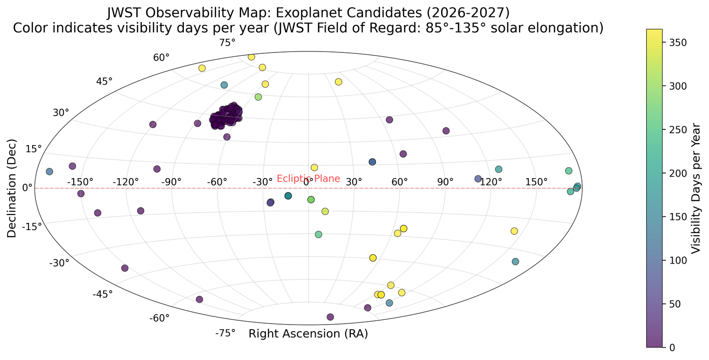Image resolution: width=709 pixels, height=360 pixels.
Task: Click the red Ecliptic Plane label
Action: point(308,179)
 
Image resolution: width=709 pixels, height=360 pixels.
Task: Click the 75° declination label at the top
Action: point(227,43)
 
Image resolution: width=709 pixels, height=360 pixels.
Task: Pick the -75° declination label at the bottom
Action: point(225,333)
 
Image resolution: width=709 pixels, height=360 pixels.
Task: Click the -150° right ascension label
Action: point(80,182)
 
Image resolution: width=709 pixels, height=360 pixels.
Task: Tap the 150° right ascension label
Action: point(536,182)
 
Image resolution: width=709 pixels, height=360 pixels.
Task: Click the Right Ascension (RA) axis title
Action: point(308,334)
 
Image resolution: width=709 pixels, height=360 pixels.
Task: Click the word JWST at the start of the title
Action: point(124,11)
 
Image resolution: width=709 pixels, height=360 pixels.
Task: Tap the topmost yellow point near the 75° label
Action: point(251,57)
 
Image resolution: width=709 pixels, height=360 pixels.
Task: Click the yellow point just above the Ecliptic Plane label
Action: point(314,168)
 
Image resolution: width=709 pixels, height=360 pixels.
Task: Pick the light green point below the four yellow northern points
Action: point(258,97)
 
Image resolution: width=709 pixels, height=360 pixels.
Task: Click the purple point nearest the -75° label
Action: point(199,300)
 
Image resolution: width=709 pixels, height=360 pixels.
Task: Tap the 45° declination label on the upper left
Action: point(104,81)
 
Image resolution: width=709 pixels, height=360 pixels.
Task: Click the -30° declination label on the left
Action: point(60,263)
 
